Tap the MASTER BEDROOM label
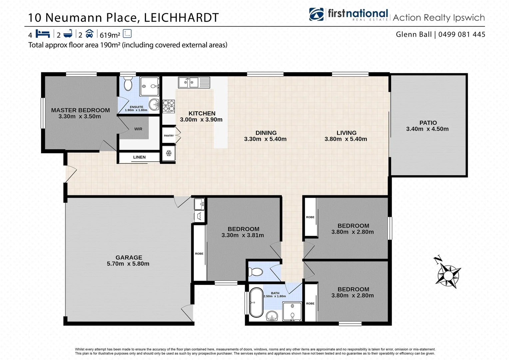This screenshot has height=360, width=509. click(80, 110)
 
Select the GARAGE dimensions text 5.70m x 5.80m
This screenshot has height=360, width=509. click(128, 264)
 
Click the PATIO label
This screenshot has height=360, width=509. click(428, 123)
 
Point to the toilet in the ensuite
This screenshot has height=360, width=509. click(128, 84)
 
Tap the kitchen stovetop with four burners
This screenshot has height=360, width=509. click(169, 106)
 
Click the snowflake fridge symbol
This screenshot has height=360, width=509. click(169, 153)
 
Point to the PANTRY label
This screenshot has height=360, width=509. click(169, 136)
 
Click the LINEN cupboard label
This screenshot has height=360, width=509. click(139, 157)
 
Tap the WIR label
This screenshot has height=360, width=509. click(138, 129)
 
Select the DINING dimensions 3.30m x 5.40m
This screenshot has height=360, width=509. click(265, 139)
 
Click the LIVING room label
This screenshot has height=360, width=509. click(346, 133)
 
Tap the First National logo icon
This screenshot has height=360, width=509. click(316, 14)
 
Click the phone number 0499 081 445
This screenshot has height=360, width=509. click(462, 34)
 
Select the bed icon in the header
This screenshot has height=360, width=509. click(43, 34)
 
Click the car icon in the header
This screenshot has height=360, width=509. click(89, 34)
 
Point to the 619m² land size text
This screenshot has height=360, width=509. click(110, 35)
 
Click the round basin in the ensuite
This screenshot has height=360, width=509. click(154, 104)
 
